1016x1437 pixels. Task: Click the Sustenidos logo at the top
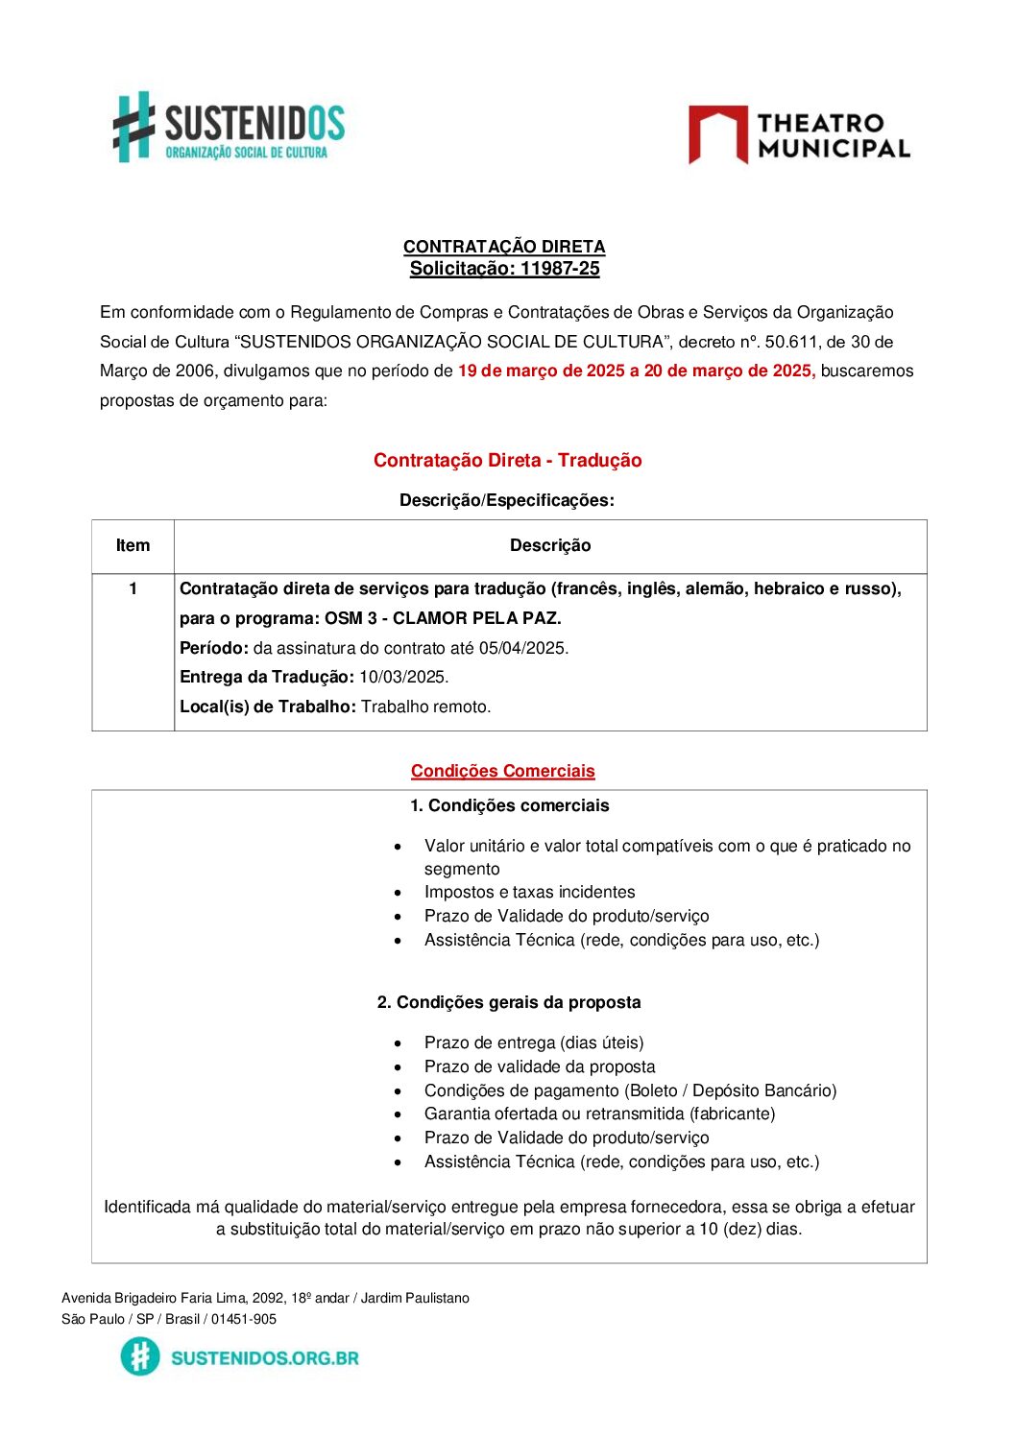click(x=229, y=128)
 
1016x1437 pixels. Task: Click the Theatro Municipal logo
click(x=799, y=135)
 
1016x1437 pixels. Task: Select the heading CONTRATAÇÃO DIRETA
click(x=504, y=247)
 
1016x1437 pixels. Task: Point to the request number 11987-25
click(x=560, y=269)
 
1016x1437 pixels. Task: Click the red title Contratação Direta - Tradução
click(x=507, y=461)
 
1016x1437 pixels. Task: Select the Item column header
click(x=133, y=546)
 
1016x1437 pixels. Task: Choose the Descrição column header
click(x=550, y=546)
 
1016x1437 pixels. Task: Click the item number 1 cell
click(x=133, y=588)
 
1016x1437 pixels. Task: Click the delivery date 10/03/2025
click(x=402, y=678)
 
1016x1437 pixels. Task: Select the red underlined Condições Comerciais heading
click(x=502, y=772)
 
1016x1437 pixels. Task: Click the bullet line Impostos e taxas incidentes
click(x=529, y=893)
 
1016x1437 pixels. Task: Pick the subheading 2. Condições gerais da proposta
click(x=509, y=1002)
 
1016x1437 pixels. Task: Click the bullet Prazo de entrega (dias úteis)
click(x=534, y=1042)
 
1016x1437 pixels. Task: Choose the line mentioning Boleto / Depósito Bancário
click(x=630, y=1090)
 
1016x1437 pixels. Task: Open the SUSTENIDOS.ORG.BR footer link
click(x=264, y=1357)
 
